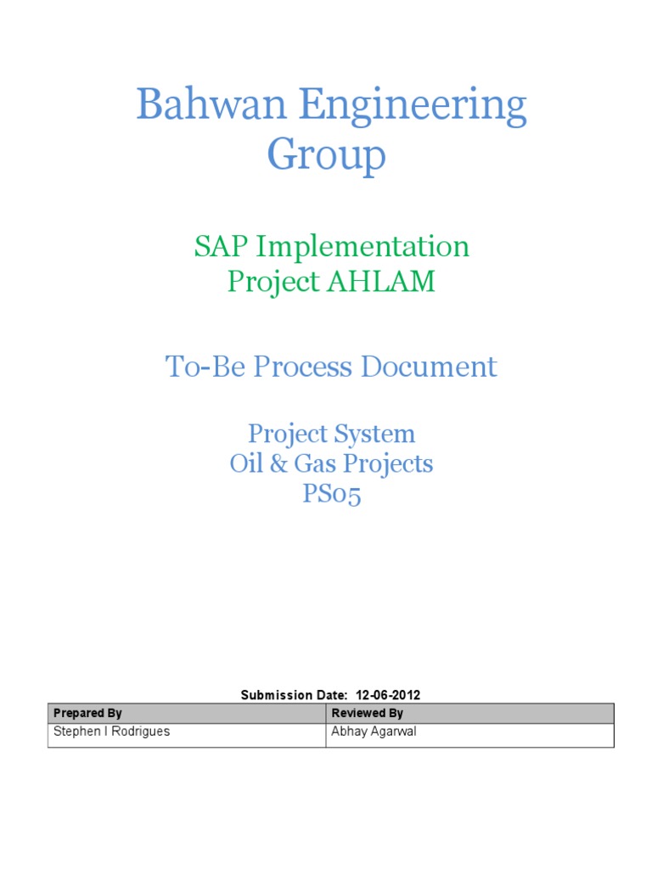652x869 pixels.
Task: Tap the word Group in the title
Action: tap(326, 155)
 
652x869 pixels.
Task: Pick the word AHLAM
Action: tap(380, 282)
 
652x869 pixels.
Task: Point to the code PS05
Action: tap(332, 494)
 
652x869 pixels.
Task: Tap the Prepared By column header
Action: tap(87, 713)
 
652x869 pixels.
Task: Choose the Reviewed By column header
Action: tap(368, 713)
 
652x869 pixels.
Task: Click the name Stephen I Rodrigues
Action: tap(111, 732)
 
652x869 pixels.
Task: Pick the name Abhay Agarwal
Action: tap(374, 732)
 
